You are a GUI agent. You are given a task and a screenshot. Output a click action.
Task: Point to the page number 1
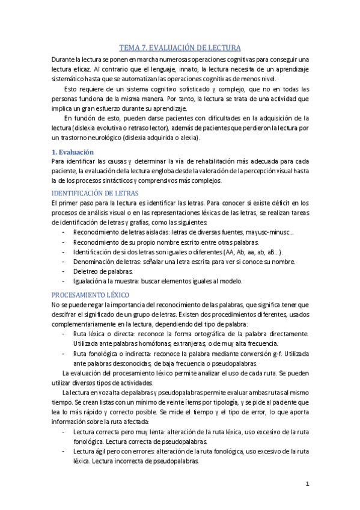[x=307, y=484]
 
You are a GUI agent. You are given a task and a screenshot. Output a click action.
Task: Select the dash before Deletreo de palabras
[x=64, y=271]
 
